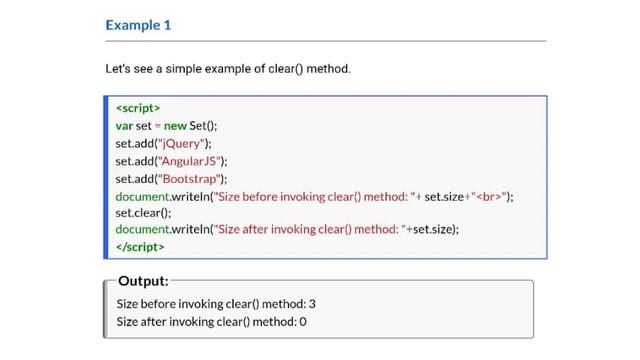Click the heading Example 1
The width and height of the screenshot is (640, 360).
click(138, 25)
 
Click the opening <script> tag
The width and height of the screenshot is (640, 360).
click(138, 108)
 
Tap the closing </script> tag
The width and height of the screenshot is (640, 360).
click(140, 246)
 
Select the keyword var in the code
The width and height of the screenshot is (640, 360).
click(124, 125)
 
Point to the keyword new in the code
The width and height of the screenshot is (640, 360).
click(175, 125)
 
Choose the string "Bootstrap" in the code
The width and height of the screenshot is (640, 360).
click(192, 178)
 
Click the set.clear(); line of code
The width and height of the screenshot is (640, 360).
click(143, 212)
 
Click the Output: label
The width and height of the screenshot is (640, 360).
click(143, 281)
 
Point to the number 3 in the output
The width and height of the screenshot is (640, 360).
click(312, 303)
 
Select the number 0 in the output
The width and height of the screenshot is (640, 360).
click(303, 321)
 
